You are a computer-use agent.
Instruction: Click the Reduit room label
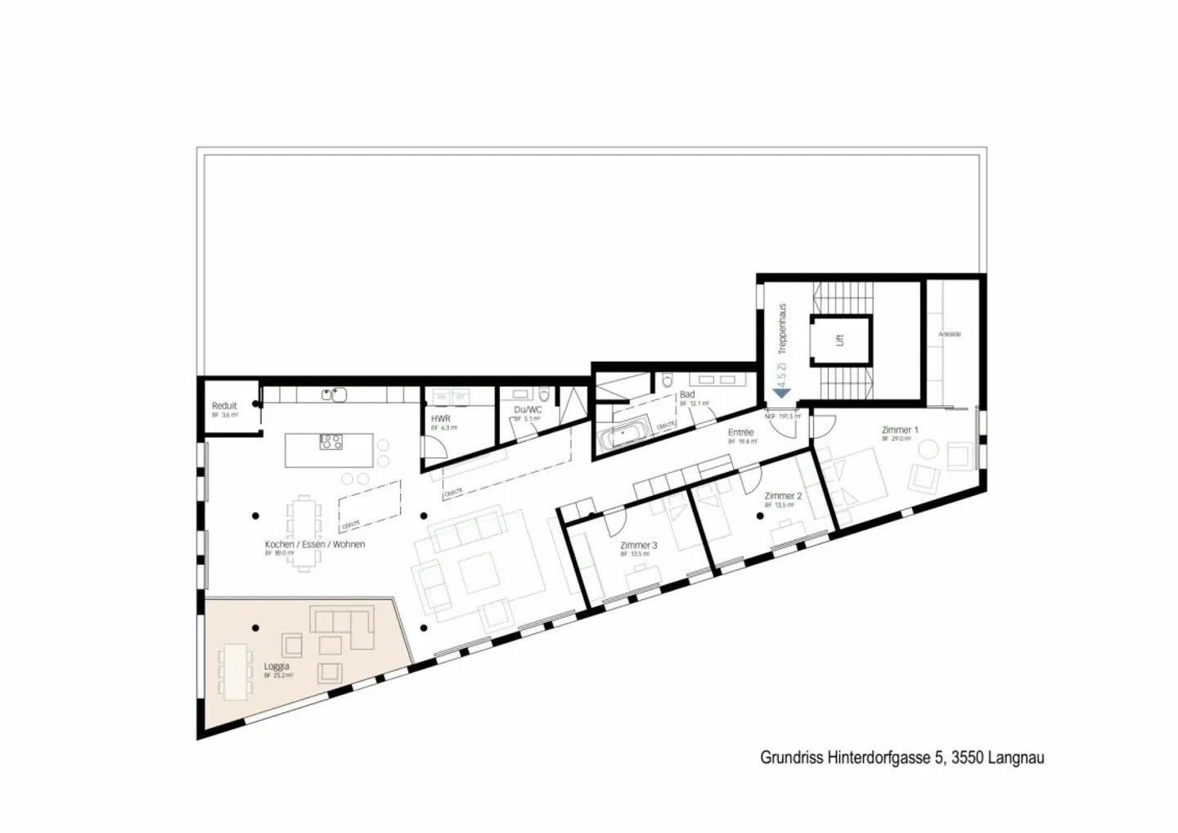[x=224, y=406]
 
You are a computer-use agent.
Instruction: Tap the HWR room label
[x=440, y=419]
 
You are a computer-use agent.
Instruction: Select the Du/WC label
[x=528, y=410]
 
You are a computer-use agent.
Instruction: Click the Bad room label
[x=687, y=394]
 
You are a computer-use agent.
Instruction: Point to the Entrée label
[x=740, y=433]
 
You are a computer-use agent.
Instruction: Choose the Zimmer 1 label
[x=899, y=430]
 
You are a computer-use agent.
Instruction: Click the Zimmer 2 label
[x=783, y=496]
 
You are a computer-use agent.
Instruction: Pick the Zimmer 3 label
[x=639, y=545]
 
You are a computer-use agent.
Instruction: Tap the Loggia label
[x=277, y=667]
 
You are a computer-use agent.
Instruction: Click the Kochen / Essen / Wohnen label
[x=315, y=544]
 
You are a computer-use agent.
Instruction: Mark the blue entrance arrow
[x=781, y=394]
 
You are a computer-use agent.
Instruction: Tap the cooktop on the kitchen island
[x=331, y=443]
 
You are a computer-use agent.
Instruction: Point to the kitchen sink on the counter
[x=334, y=395]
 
